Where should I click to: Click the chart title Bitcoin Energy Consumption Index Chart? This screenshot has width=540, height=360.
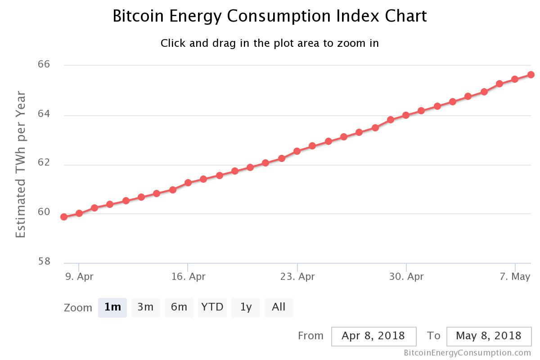(270, 16)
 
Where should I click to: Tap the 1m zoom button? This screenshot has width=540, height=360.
(112, 307)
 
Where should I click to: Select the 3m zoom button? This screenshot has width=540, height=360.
(145, 307)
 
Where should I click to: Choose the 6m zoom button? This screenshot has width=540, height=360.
(179, 307)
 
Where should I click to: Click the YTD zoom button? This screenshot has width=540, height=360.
(212, 307)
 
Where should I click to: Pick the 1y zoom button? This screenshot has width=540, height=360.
(246, 307)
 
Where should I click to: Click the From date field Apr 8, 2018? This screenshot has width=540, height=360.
(373, 336)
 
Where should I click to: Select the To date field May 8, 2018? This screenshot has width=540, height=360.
(489, 336)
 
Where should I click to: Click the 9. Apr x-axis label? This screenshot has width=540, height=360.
(79, 276)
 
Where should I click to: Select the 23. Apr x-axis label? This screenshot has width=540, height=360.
(297, 276)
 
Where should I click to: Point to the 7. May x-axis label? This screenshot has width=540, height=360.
(515, 276)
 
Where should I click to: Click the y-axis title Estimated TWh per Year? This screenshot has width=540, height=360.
(21, 164)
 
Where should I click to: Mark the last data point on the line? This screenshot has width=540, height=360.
(531, 75)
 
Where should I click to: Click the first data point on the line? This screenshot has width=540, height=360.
(64, 217)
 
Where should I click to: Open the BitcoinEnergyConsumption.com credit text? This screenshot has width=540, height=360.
(468, 353)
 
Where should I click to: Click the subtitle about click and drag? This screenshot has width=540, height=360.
(270, 43)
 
